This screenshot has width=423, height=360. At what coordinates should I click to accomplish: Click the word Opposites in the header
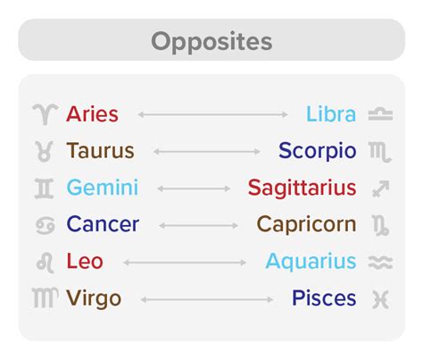tap(211, 42)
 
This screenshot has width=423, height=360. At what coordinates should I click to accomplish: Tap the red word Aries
tap(92, 114)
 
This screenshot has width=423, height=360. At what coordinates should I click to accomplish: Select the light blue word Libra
tap(331, 113)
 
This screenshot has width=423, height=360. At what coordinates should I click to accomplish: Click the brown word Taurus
tap(101, 150)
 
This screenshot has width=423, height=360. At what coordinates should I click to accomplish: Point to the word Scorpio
tap(318, 152)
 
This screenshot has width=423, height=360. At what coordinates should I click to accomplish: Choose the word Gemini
tap(103, 188)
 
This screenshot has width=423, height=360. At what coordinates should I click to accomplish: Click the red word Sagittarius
tap(303, 188)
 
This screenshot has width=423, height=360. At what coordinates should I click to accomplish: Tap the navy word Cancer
tap(103, 224)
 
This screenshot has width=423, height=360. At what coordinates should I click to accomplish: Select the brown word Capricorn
tap(306, 225)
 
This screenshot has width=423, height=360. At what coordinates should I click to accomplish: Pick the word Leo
tap(85, 261)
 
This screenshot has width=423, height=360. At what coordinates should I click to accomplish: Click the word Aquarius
tap(311, 262)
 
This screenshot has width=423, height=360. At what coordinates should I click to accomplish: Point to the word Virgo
tap(94, 298)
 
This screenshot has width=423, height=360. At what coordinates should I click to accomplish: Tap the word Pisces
tap(324, 297)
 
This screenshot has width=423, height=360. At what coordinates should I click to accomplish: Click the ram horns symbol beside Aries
tap(46, 114)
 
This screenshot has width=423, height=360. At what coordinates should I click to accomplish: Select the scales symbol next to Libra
tap(380, 114)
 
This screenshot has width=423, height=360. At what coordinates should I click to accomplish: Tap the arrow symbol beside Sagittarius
tap(381, 188)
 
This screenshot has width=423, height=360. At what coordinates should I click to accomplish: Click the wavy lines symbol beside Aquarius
tap(380, 263)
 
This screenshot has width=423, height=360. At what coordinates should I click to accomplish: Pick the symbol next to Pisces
tap(380, 299)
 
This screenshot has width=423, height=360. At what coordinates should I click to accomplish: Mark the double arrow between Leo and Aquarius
tap(185, 263)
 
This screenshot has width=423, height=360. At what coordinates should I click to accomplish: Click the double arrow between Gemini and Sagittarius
tap(194, 188)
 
